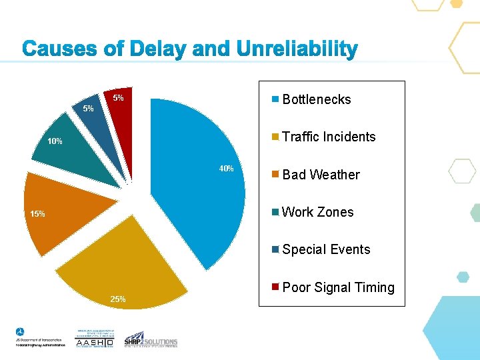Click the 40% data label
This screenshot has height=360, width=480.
pyautogui.click(x=227, y=169)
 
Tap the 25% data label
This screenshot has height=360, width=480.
pyautogui.click(x=118, y=299)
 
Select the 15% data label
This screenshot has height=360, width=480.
pyautogui.click(x=37, y=214)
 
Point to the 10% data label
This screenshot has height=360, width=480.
pyautogui.click(x=55, y=141)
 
